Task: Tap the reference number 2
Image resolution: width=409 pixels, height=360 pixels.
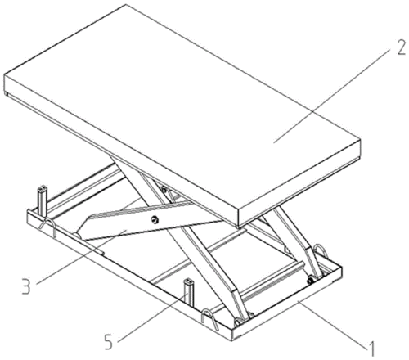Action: coord(401,47)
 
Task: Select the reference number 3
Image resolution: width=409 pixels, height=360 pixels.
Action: coord(26,286)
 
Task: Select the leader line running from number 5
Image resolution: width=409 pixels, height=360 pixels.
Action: coord(153,317)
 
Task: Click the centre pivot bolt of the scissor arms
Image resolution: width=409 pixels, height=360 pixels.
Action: coord(155,220)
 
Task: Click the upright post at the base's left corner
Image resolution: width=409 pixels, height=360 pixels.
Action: coord(43,200)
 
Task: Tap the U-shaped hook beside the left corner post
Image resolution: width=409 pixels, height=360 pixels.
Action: coord(49,227)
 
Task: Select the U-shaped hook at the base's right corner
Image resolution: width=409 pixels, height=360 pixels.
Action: coord(321,250)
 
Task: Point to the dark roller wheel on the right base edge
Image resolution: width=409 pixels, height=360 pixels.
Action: coord(310,281)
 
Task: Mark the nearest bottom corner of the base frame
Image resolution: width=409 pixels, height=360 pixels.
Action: coord(232,340)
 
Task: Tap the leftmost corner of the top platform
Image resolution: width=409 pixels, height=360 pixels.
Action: coord(4,75)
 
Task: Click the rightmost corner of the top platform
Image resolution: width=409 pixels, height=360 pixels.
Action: coord(361,140)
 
